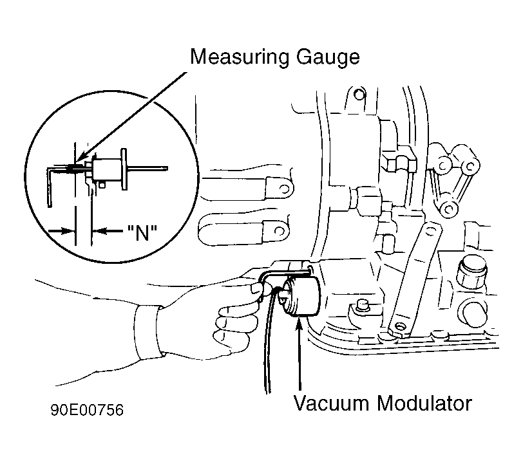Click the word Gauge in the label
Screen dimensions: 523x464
[328, 57]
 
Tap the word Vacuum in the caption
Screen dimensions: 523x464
[331, 403]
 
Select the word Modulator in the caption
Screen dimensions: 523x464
[424, 403]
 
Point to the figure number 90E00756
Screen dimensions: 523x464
[87, 410]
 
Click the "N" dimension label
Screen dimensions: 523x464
[142, 232]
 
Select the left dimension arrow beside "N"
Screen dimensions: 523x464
[61, 230]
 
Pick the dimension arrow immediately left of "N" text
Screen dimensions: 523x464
[108, 230]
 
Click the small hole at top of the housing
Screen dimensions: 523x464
[359, 95]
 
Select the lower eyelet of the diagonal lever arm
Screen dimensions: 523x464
[399, 326]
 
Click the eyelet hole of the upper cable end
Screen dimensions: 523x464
[284, 189]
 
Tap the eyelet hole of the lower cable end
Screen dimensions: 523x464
[280, 231]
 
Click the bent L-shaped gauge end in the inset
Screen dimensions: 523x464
[50, 187]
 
